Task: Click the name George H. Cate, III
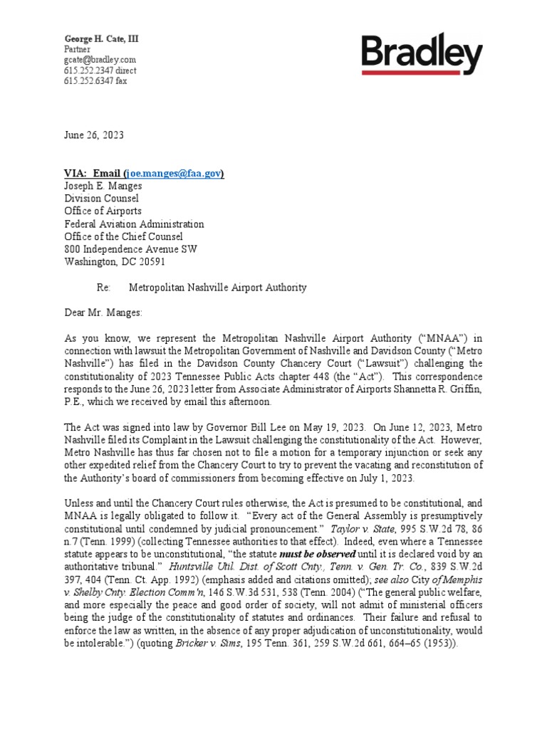point(101,38)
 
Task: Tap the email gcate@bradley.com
point(100,60)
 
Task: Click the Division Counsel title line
point(101,199)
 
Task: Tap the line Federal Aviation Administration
point(134,224)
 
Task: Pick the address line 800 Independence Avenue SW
point(131,249)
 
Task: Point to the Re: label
point(104,288)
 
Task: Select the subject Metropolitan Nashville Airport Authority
point(218,288)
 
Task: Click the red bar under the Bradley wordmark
point(422,72)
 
